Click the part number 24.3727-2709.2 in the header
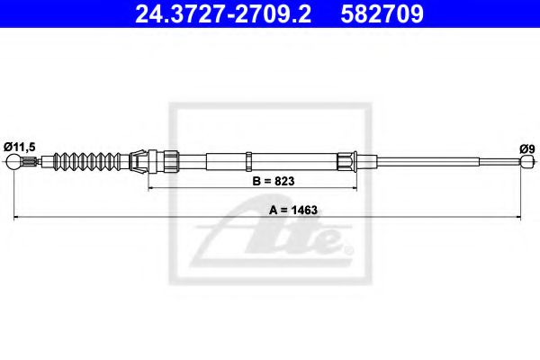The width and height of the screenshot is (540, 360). pyautogui.click(x=223, y=13)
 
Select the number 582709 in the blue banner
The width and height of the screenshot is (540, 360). pyautogui.click(x=382, y=13)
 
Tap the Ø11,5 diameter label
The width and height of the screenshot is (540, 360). pyautogui.click(x=20, y=147)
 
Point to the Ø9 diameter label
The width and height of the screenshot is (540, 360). pyautogui.click(x=527, y=149)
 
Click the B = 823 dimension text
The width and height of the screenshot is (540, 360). pyautogui.click(x=274, y=181)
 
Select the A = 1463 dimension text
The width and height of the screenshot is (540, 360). pyautogui.click(x=293, y=210)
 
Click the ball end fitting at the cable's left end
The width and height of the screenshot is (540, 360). pyautogui.click(x=13, y=162)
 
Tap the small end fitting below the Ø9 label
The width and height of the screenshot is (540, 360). pyautogui.click(x=527, y=161)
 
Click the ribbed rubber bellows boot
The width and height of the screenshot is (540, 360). pyautogui.click(x=87, y=161)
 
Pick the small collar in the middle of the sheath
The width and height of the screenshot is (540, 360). pyautogui.click(x=248, y=161)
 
